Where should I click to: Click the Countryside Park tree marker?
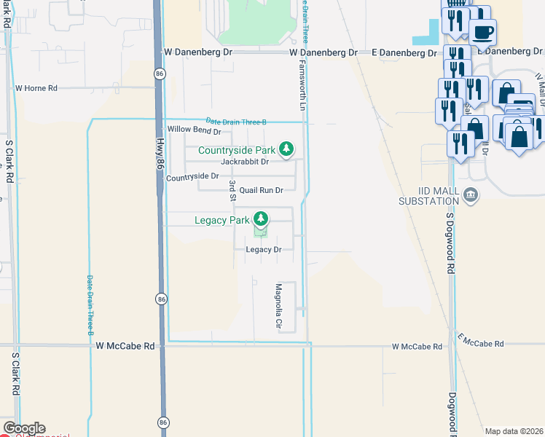click(x=286, y=149)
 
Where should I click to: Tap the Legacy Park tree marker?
click(x=260, y=218)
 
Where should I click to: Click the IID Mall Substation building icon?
click(x=471, y=195)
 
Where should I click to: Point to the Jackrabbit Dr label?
click(x=245, y=162)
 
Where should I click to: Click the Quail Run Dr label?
click(x=261, y=190)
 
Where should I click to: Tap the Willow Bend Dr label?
click(x=194, y=130)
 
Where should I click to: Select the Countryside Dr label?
click(x=192, y=176)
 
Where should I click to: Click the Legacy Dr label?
click(x=264, y=250)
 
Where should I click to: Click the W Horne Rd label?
click(x=36, y=88)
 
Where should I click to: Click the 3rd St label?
click(x=232, y=189)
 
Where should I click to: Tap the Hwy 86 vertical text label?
click(x=158, y=155)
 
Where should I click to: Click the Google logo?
click(x=23, y=428)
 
